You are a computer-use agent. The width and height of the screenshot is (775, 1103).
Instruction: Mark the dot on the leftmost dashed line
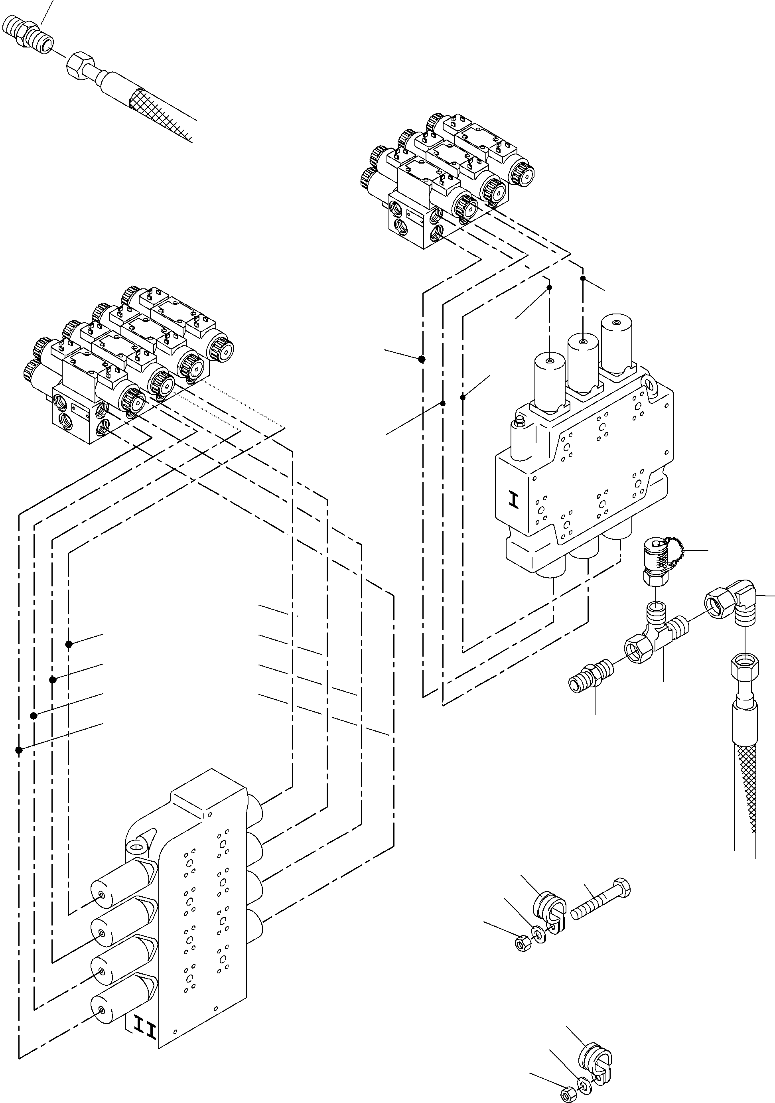(19, 750)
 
